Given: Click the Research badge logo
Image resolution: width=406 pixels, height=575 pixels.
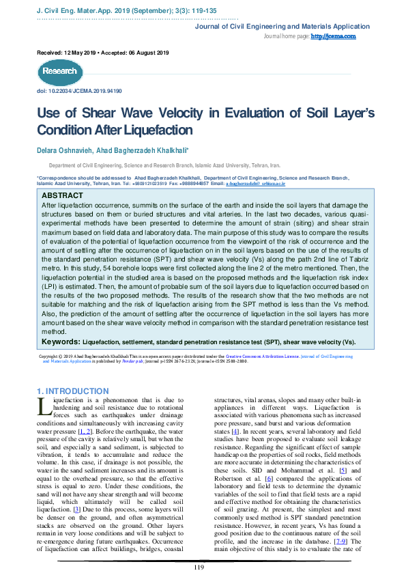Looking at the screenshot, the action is (60, 72).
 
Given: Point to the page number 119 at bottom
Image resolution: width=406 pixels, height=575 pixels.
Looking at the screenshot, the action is (199, 567).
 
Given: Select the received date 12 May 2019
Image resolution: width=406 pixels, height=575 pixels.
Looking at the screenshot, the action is (86, 53).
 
